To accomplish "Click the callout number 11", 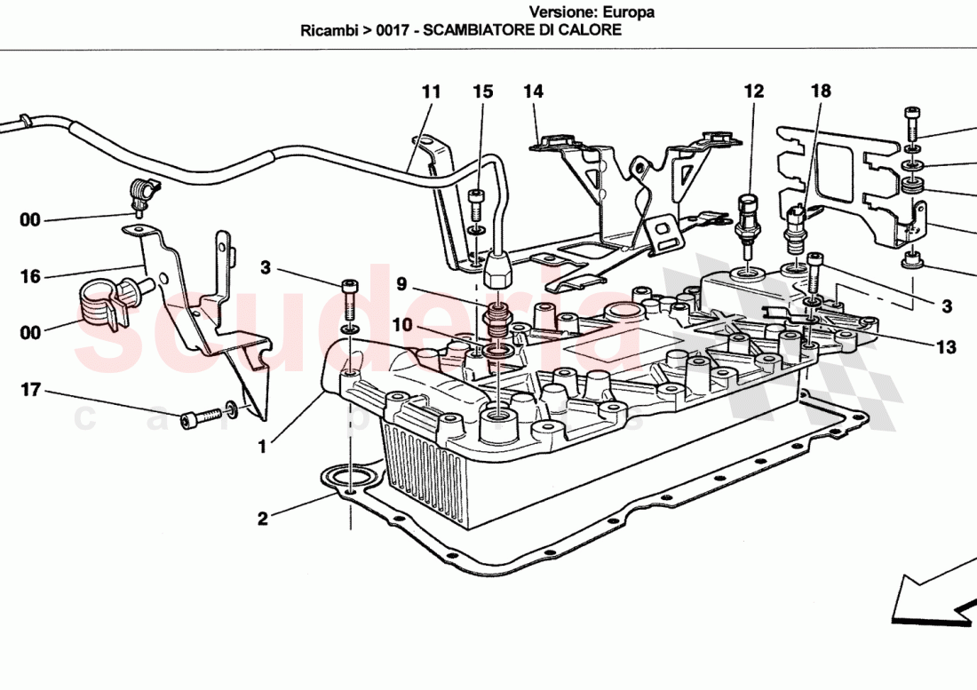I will (x=432, y=91).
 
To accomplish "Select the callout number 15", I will (x=482, y=91).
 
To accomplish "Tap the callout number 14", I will (x=533, y=91).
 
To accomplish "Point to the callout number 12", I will (x=754, y=91).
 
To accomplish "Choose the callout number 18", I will (x=821, y=91).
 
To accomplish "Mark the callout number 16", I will (x=30, y=277).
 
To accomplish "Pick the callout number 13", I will (x=946, y=347).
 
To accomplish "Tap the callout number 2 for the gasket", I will (x=262, y=519).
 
